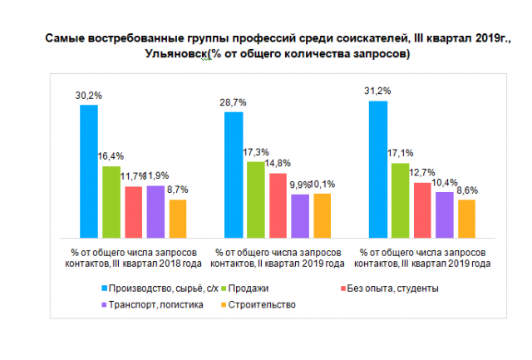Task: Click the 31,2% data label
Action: coord(377,90)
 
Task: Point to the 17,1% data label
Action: coord(400,153)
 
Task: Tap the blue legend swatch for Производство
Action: coord(104,288)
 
